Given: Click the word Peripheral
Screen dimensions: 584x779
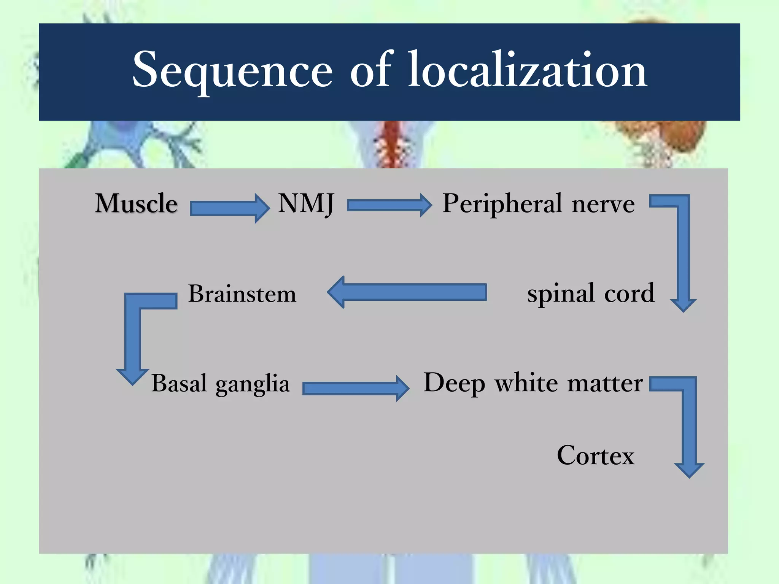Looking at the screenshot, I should [x=502, y=204].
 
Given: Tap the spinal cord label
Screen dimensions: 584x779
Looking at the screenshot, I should [x=591, y=294].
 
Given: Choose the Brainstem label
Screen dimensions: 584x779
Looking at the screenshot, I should [x=242, y=294].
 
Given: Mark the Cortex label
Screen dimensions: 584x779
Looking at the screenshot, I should [x=596, y=455].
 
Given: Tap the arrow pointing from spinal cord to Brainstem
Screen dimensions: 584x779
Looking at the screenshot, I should [x=407, y=292].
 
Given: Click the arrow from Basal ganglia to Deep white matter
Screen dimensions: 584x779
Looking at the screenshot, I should [x=356, y=388].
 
